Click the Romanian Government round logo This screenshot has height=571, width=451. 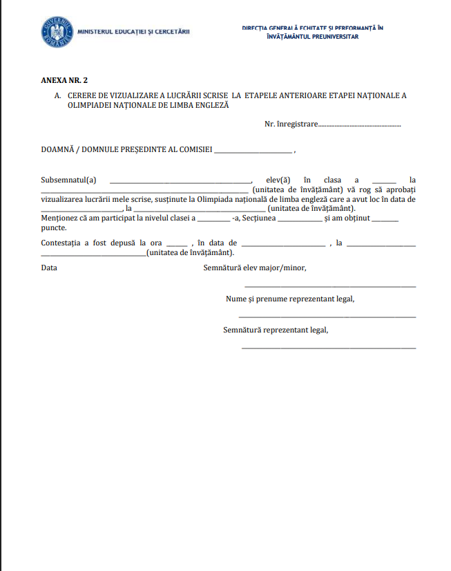point(57,32)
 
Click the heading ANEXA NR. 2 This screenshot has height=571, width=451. point(65,80)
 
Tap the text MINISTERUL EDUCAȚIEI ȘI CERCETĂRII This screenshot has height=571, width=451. point(134,32)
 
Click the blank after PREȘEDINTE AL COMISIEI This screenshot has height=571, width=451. point(253,151)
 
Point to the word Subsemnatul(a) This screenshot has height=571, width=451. point(69,180)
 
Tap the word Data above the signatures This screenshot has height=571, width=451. point(49,268)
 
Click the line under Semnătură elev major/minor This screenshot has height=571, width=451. point(330,286)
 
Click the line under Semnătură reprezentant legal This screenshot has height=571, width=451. point(329,348)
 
